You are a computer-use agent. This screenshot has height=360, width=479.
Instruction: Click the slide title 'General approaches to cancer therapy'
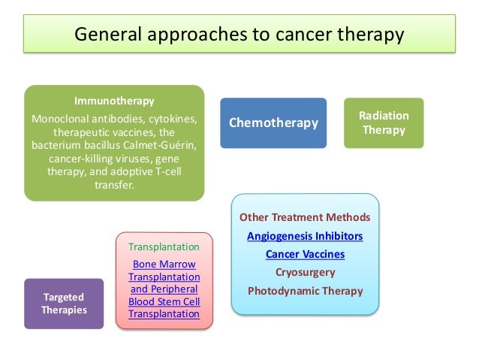239,35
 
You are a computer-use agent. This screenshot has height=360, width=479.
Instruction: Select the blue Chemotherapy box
273,123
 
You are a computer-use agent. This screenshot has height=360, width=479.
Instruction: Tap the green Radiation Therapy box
384,123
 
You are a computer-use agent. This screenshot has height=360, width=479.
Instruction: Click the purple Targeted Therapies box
64,303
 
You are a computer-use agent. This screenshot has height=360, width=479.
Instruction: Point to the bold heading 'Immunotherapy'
114,101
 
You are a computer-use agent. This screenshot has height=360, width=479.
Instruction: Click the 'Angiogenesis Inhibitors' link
305,236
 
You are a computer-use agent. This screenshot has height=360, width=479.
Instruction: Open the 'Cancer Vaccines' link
305,254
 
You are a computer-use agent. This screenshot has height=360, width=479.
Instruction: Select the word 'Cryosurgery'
305,272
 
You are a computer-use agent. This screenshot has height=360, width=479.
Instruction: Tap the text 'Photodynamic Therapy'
305,290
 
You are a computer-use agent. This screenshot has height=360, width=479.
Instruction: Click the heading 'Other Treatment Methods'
305,217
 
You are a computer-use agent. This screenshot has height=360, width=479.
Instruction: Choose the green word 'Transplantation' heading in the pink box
164,247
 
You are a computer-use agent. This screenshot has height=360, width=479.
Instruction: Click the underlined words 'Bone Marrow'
164,264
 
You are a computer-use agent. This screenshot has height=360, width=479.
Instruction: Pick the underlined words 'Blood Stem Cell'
164,301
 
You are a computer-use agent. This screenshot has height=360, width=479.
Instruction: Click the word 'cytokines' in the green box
173,119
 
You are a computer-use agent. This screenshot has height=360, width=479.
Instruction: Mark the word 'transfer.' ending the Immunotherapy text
114,186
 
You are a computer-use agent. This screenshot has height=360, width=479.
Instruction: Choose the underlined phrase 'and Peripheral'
164,289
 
